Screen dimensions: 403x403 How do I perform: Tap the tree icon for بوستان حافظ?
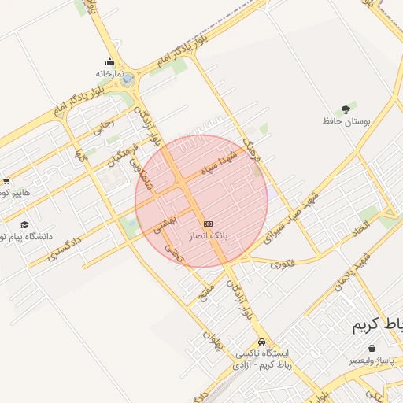345,109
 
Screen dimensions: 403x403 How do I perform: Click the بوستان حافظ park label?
346,121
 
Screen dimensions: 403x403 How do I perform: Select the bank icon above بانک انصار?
208,224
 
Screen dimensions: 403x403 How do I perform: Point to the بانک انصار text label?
208,235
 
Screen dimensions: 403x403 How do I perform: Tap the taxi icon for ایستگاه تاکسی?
261,342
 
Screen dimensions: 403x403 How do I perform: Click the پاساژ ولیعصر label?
373,360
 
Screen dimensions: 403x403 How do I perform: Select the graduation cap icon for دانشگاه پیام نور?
24,225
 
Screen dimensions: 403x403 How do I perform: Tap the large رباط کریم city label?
376,325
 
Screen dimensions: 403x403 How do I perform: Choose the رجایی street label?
104,127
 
